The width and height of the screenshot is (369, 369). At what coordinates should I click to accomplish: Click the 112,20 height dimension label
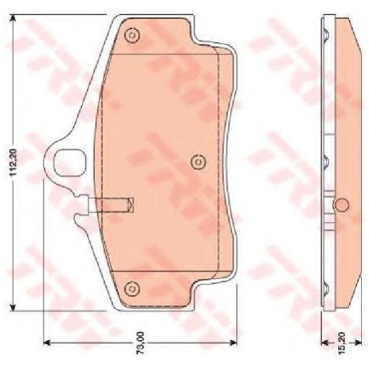[13, 162]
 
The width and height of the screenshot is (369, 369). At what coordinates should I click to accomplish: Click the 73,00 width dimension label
[141, 342]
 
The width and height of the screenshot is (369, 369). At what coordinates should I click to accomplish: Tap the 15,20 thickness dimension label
[341, 343]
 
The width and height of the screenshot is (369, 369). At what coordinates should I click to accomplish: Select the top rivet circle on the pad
[132, 36]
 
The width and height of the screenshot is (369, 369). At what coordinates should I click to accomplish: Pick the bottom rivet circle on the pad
[132, 288]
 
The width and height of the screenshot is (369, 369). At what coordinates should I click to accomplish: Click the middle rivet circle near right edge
[198, 162]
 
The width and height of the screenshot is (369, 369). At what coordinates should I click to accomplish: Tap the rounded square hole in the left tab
[70, 162]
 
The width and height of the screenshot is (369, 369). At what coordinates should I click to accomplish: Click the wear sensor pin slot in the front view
[111, 205]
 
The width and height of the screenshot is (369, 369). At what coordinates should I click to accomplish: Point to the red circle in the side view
[341, 205]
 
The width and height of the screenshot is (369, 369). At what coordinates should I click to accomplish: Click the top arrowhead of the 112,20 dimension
[13, 18]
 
